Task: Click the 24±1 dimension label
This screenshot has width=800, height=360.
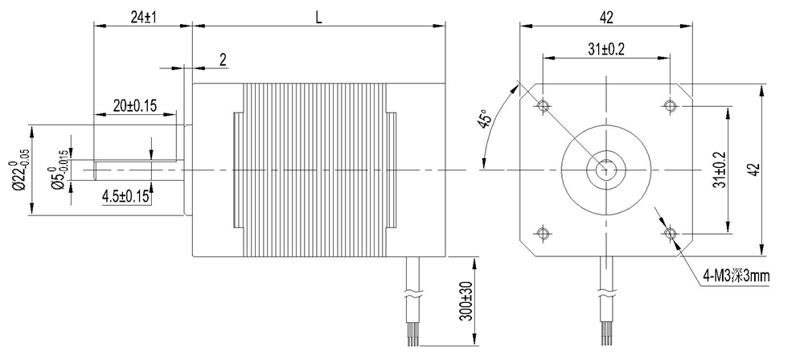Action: pyautogui.click(x=143, y=17)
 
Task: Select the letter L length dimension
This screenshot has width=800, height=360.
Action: pyautogui.click(x=319, y=18)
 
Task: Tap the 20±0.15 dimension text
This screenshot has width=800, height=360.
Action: pyautogui.click(x=135, y=105)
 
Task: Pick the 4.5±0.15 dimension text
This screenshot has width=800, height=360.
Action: pyautogui.click(x=126, y=196)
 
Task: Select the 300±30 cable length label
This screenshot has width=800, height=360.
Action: pyautogui.click(x=466, y=301)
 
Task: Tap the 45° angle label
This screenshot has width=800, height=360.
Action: pyautogui.click(x=486, y=119)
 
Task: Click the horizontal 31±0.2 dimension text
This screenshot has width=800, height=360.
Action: pyautogui.click(x=606, y=49)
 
